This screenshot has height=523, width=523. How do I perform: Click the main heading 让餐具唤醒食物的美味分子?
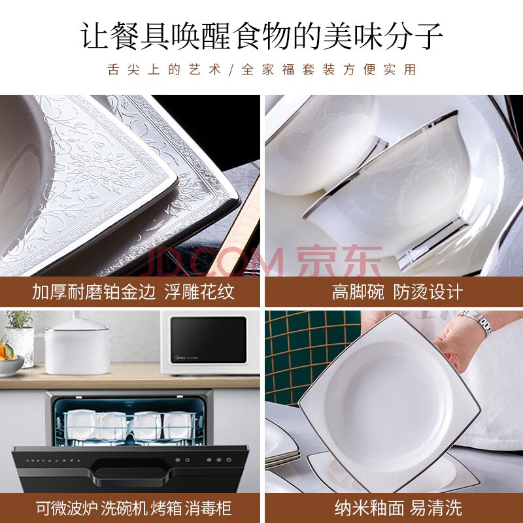point(261,36)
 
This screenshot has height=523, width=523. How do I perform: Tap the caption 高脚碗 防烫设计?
point(397,292)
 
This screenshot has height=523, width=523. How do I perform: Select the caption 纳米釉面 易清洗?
point(398,508)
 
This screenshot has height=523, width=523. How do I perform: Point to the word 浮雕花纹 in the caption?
point(199,292)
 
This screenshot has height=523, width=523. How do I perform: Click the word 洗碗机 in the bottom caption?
point(124,508)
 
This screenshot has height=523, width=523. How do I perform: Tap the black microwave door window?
point(209,340)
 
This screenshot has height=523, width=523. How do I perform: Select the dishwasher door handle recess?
point(130,471)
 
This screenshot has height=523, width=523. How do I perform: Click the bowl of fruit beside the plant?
point(10,358)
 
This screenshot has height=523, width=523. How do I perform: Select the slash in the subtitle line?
point(231,70)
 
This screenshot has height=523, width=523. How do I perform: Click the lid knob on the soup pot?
point(77,314)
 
